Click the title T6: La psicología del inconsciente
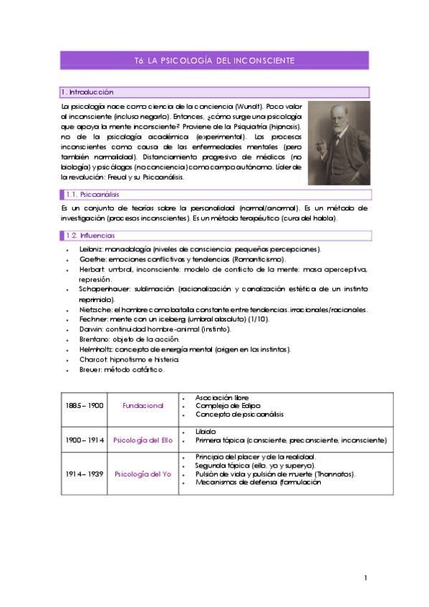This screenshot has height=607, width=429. point(214,60)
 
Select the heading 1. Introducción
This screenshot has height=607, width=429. point(87,92)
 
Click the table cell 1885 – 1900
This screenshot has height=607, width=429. point(85,406)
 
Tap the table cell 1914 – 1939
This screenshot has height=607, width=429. point(85,473)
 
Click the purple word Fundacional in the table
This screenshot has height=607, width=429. point(143,406)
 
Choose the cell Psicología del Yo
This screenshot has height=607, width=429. point(143,473)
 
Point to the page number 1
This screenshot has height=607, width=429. point(365,578)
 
